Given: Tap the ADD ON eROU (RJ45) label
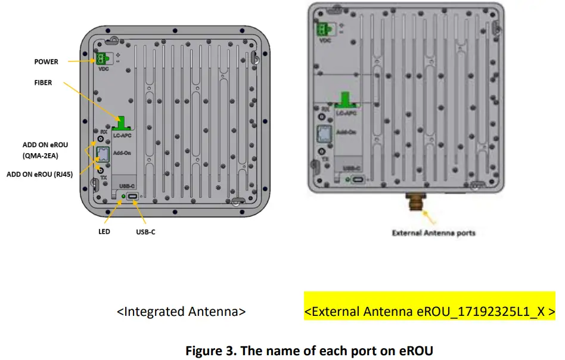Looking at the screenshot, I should tap(40, 175).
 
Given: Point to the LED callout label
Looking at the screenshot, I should tap(104, 231).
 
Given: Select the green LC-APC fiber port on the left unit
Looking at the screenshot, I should tap(122, 123).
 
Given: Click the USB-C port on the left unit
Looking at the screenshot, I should tap(133, 197).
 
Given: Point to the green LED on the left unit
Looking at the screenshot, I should tap(123, 196).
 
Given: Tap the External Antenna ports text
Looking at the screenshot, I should tap(433, 232).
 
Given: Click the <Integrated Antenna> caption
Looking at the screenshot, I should tap(181, 311).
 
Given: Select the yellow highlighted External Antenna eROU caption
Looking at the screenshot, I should tap(429, 311).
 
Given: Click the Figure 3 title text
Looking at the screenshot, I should tap(309, 350).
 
